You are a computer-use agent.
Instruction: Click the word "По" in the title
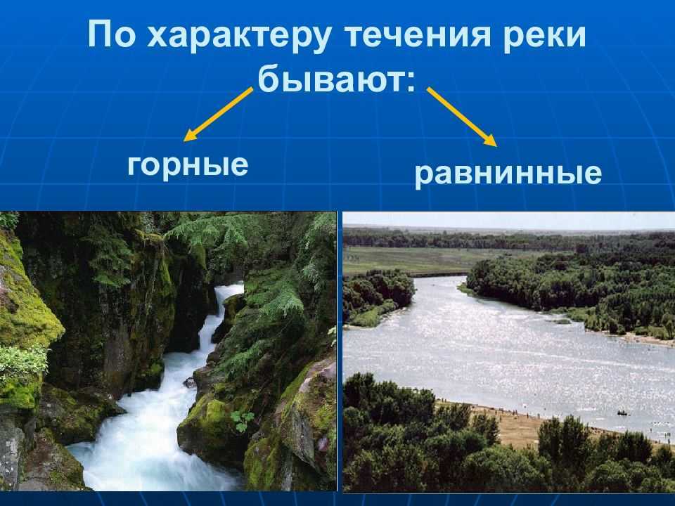(112, 34)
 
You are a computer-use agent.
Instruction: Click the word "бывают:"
(337, 79)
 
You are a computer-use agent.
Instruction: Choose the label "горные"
(188, 166)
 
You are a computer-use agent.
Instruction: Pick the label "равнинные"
(508, 174)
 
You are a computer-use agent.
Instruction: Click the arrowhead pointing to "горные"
(189, 136)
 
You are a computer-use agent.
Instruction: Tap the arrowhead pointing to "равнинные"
(490, 140)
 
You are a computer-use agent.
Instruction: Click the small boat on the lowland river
(622, 413)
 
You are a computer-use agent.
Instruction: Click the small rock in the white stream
(189, 382)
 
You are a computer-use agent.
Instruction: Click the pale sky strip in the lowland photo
(508, 220)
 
